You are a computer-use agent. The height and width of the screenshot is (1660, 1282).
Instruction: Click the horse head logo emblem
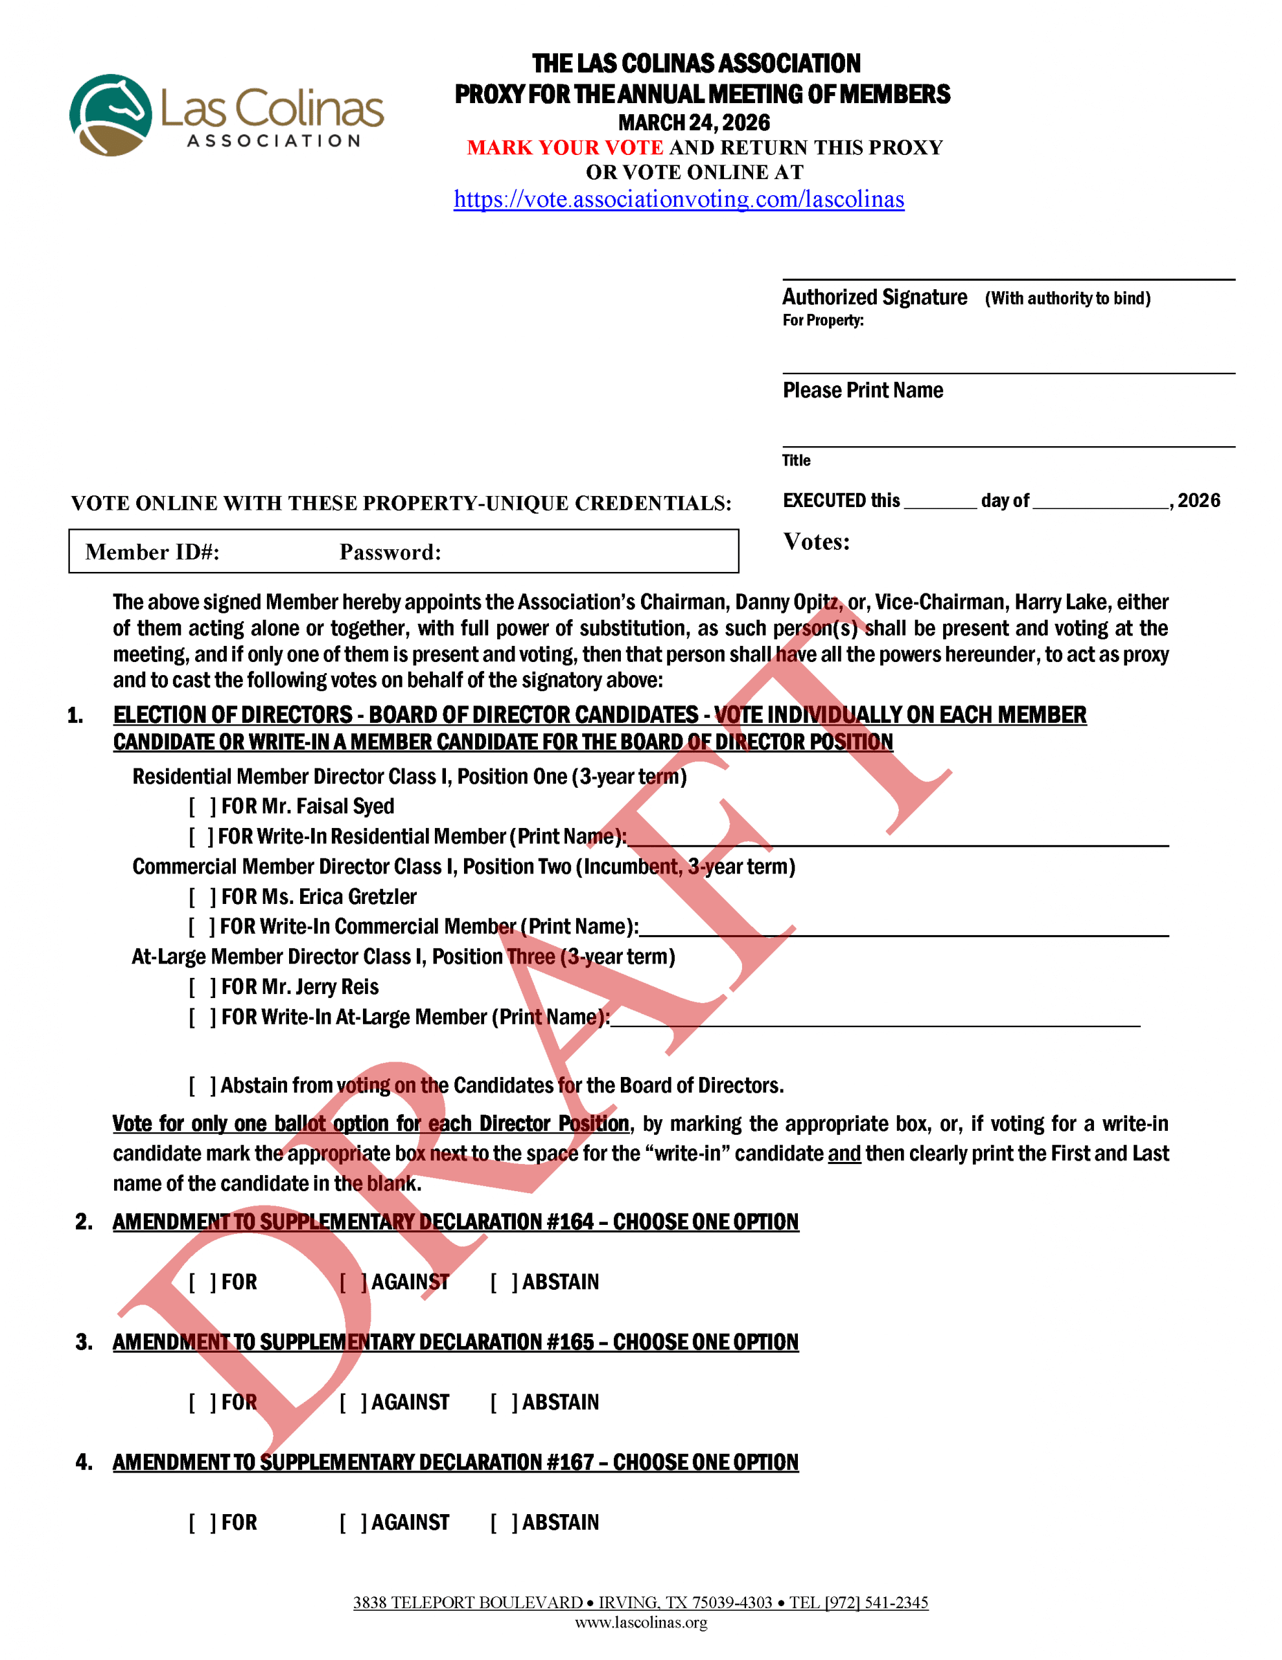coord(111,115)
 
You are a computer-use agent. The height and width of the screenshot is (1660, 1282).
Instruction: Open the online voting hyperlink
coord(679,199)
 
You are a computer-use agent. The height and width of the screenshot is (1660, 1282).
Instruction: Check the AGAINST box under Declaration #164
coord(353,1282)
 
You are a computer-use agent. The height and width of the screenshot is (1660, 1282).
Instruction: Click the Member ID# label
coord(152,552)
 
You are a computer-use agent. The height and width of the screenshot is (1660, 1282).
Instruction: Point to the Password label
coord(390,552)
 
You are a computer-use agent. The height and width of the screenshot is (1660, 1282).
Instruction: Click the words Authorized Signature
coord(874,297)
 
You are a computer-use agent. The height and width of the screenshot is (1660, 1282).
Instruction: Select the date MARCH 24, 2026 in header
coord(693,123)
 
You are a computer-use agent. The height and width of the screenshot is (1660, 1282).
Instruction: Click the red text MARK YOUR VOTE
coord(565,147)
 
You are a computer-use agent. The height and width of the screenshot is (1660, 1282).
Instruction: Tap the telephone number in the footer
coord(859,1602)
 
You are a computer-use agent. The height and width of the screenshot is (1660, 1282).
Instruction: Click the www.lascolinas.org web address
coord(640,1623)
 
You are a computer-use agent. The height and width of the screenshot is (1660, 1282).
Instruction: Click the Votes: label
coord(816,542)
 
